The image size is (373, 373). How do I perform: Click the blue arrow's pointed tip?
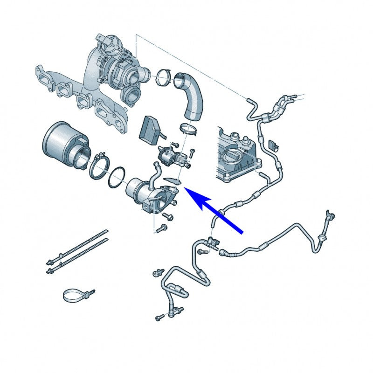[186, 188]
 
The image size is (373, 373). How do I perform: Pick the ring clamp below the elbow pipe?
[189, 127]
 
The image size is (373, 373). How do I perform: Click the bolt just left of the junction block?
[201, 252]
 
